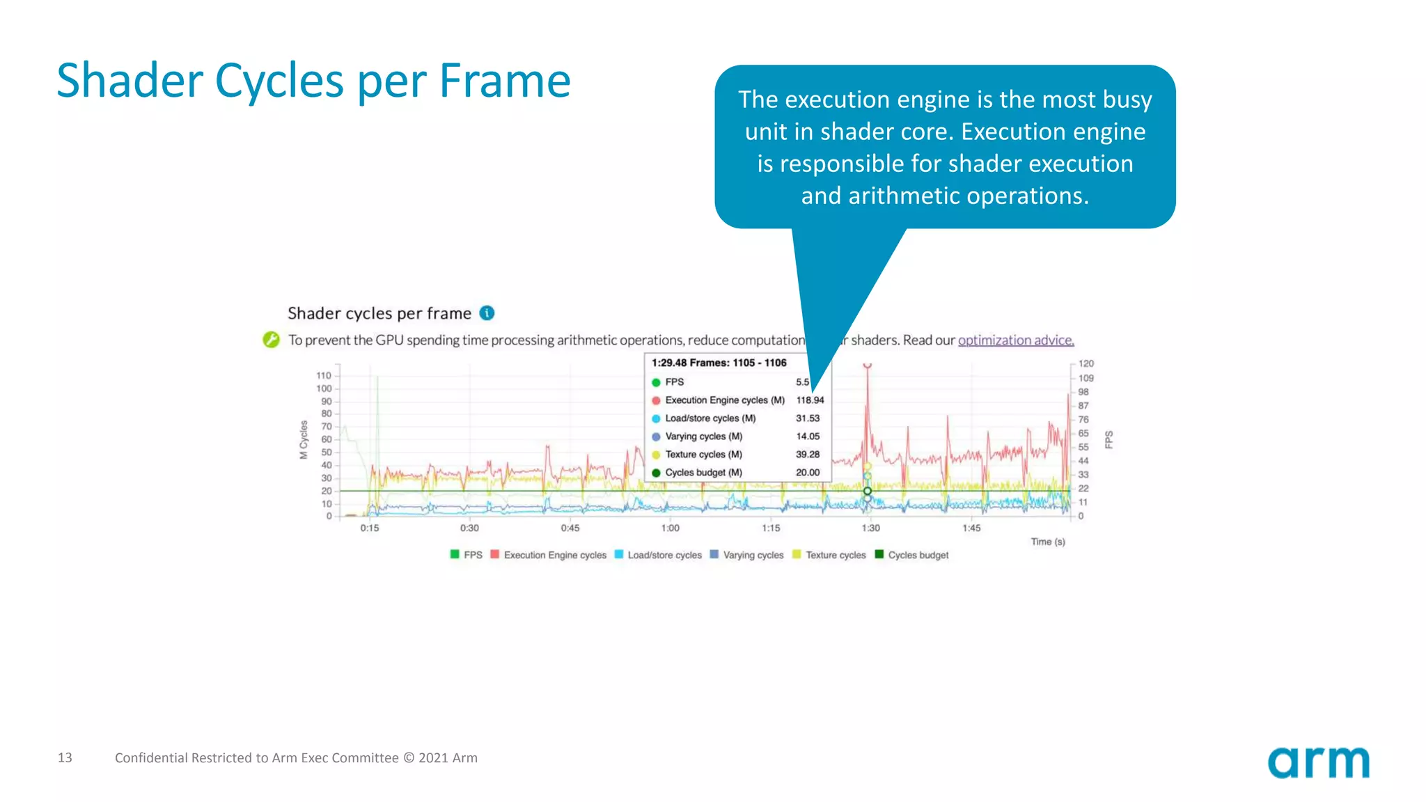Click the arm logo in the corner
(1318, 762)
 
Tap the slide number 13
(65, 757)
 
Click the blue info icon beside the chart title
(487, 313)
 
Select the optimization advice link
(1015, 340)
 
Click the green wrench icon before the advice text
(271, 340)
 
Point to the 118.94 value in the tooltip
(810, 400)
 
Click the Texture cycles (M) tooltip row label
(703, 455)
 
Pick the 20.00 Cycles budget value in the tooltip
(808, 473)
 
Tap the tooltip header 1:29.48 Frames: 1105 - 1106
(719, 363)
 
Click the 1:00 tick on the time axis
(671, 528)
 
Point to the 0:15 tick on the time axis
(370, 528)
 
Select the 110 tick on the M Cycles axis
(324, 376)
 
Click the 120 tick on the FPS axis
(1086, 363)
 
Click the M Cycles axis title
(304, 440)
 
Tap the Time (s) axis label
(1048, 542)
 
